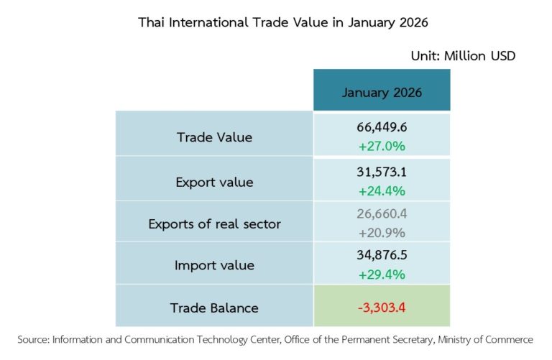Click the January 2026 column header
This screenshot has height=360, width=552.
click(382, 93)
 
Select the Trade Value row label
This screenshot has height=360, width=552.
click(214, 137)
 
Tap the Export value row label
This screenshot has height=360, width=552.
click(214, 182)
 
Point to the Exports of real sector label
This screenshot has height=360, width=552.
click(214, 223)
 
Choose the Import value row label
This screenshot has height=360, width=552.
click(214, 265)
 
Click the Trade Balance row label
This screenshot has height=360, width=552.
click(214, 308)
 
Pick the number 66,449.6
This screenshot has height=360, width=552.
click(382, 127)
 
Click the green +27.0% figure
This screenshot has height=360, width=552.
click(382, 146)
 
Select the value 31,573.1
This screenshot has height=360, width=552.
click(382, 172)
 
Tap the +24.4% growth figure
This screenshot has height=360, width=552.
click(382, 190)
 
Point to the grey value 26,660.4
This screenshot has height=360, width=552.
click(382, 213)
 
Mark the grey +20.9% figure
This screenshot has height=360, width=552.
click(382, 232)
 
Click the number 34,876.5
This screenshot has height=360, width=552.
click(382, 256)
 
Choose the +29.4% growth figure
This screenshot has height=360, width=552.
click(382, 274)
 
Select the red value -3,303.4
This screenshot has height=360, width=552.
click(382, 308)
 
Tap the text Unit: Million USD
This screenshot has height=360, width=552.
click(463, 55)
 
